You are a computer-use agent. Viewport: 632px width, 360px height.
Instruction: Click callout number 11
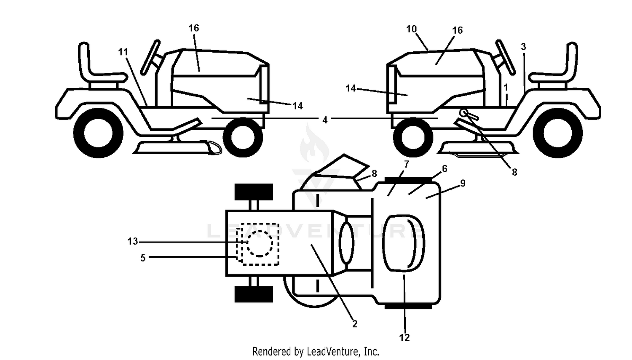tap(123, 52)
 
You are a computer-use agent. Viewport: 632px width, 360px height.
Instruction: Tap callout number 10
tap(411, 29)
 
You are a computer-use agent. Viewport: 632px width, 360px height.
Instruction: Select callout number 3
tap(523, 47)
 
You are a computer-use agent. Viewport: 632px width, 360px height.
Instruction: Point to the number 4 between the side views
tap(325, 120)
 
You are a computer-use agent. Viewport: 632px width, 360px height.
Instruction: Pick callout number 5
tap(445, 169)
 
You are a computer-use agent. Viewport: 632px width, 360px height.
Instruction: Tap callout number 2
tap(355, 324)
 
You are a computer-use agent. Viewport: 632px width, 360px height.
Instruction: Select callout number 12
tap(404, 337)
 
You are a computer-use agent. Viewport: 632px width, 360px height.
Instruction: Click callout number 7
tap(406, 164)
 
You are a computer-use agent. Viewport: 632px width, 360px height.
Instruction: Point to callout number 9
tap(463, 183)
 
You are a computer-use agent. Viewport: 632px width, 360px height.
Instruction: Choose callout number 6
tap(445, 169)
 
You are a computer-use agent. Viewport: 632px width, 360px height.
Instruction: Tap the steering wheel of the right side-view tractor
tap(506, 57)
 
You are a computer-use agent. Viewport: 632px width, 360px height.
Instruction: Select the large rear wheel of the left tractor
tap(98, 133)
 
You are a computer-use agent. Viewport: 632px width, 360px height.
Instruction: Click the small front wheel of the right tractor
tap(413, 138)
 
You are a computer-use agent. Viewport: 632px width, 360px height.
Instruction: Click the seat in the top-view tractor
tap(404, 243)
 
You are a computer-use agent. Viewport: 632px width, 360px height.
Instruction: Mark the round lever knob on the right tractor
tap(463, 113)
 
